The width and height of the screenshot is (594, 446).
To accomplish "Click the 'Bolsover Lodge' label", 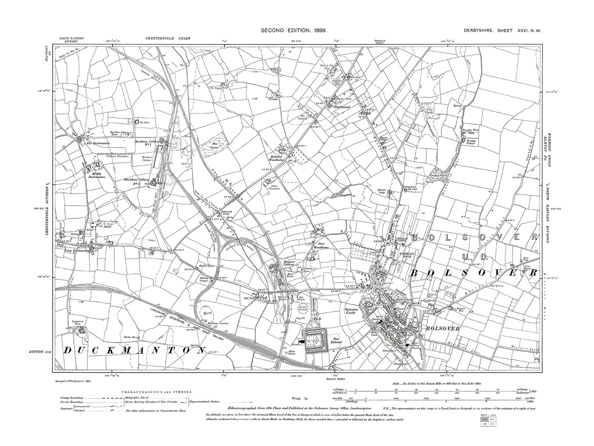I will [x=383, y=192].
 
